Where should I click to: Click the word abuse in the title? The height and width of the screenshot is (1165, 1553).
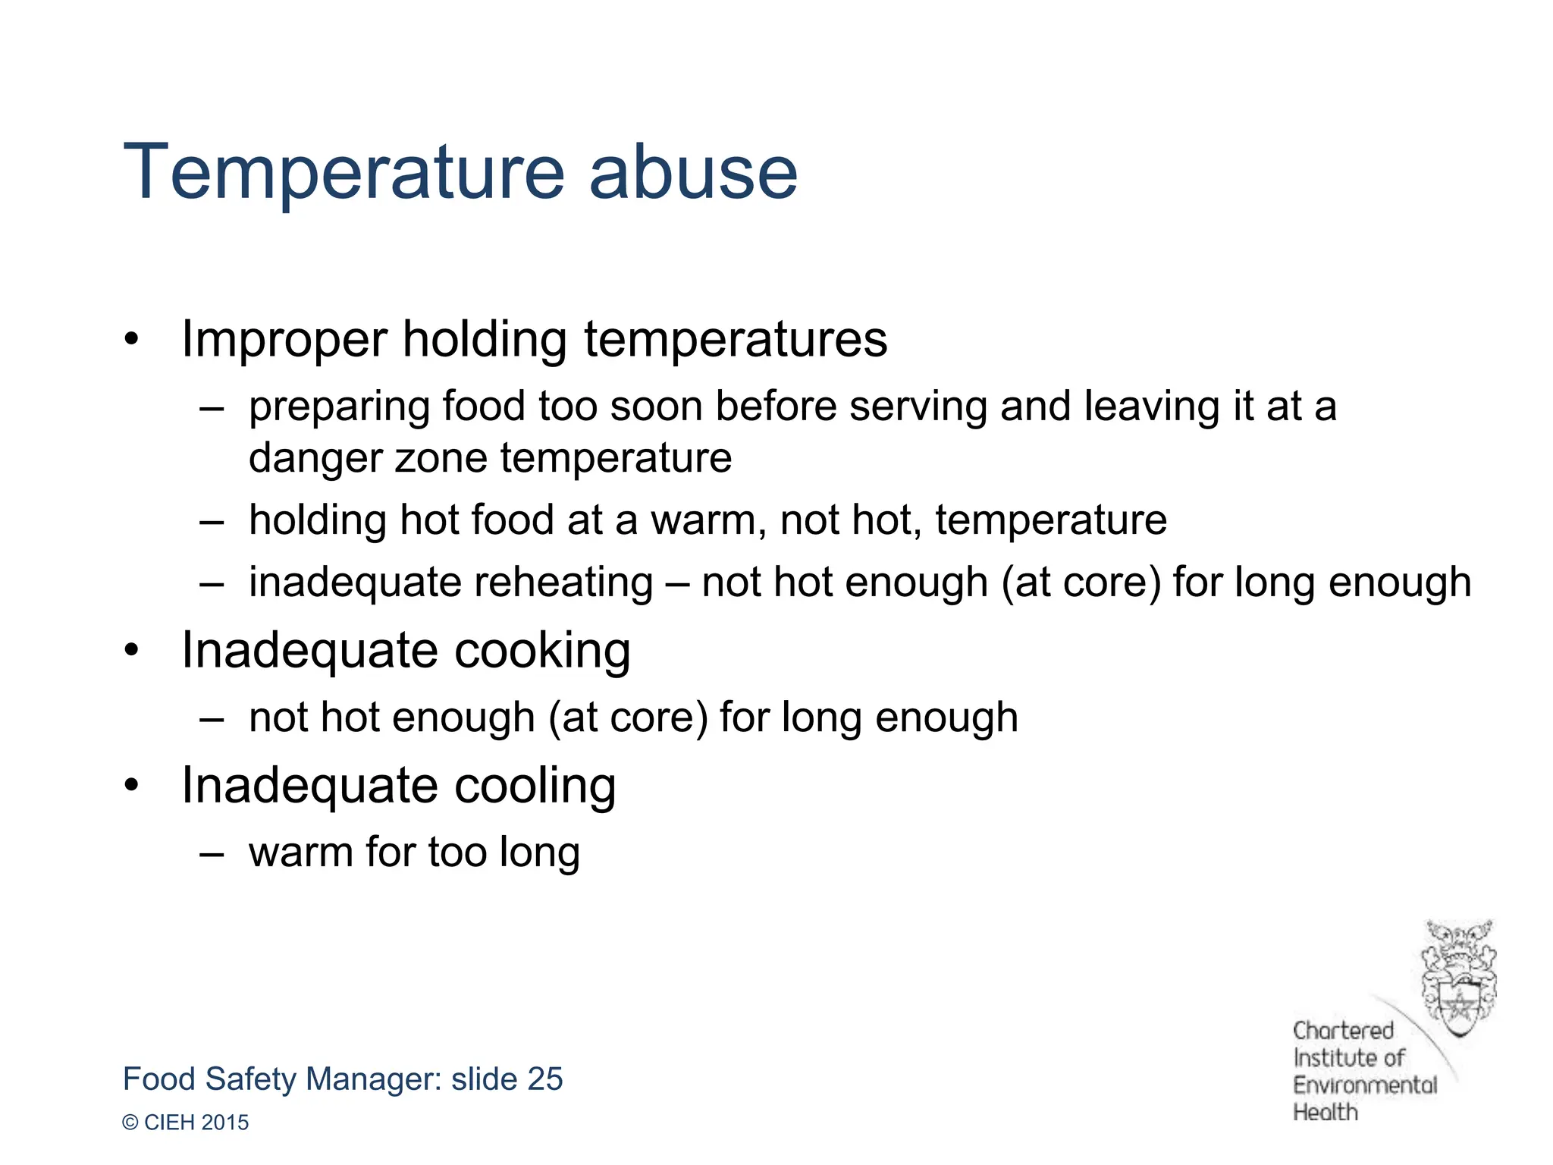coord(693,173)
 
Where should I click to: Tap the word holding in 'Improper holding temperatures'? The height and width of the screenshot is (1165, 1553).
coord(484,339)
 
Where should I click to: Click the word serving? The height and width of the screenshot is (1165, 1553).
coord(918,408)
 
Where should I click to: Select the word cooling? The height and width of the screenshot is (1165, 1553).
coord(535,786)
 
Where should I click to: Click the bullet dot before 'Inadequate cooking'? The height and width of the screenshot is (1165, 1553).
coord(132,651)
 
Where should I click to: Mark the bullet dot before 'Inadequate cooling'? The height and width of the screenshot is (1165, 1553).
coord(132,786)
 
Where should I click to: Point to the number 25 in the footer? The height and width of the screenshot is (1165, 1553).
coord(544,1079)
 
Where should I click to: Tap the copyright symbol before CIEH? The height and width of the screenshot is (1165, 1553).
coord(130,1123)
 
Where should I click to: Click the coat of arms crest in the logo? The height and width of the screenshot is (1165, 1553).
coord(1458,978)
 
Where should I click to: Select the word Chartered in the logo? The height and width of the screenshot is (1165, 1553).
coord(1343,1031)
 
